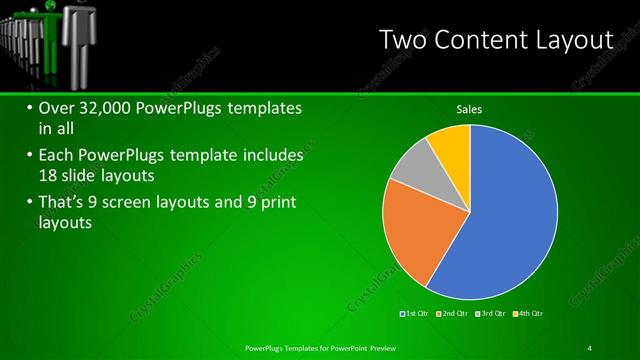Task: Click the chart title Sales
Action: (470, 109)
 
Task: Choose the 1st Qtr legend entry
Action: (415, 315)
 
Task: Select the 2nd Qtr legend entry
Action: (453, 315)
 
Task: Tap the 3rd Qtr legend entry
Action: (491, 315)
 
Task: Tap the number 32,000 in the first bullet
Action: (110, 107)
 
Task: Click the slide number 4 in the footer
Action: (590, 347)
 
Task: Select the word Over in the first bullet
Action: (56, 107)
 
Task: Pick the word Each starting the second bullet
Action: (57, 156)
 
